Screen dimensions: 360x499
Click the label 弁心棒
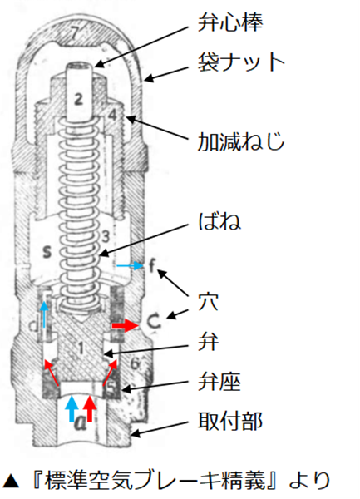(x=230, y=22)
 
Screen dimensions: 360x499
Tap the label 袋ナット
(x=241, y=62)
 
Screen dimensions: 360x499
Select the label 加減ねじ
(x=241, y=141)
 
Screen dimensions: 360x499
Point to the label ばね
(x=219, y=221)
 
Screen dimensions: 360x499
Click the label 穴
(x=209, y=301)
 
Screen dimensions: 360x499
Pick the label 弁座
(x=219, y=381)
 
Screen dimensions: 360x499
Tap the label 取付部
(x=230, y=421)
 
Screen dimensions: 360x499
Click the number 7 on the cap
(x=74, y=33)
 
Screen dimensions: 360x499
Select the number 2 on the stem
(x=78, y=99)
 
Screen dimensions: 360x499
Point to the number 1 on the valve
(x=81, y=348)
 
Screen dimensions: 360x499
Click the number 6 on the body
(x=136, y=363)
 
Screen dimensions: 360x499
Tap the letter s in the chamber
(x=47, y=252)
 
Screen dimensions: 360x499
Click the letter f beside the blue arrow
(x=153, y=266)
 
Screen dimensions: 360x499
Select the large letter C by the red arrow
(x=154, y=322)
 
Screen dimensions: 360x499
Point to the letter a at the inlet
(x=81, y=422)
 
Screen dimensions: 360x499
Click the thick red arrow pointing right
(x=126, y=325)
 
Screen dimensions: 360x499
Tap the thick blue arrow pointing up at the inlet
(x=72, y=408)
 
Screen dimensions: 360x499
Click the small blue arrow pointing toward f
(x=130, y=265)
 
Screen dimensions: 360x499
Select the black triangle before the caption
(x=11, y=482)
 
